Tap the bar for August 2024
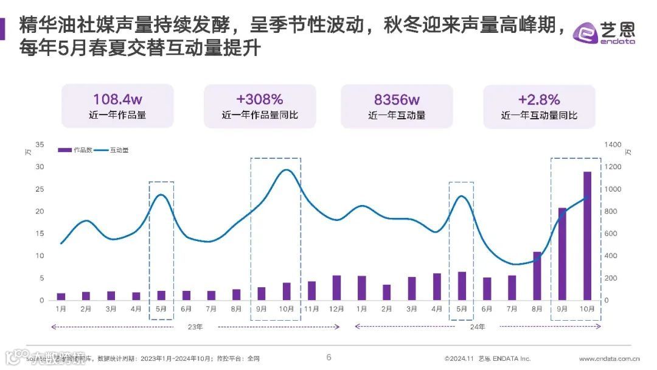[x=537, y=276]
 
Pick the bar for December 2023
[x=336, y=288]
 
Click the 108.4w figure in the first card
[x=117, y=99]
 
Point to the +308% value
[x=260, y=99]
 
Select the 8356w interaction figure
[x=397, y=99]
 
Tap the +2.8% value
[x=539, y=99]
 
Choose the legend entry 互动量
[x=112, y=150]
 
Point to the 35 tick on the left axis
[x=40, y=144]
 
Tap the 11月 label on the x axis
[x=311, y=309]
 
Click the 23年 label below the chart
[x=195, y=327]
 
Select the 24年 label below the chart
[x=478, y=327]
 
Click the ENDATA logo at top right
[x=605, y=32]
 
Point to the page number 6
[x=329, y=357]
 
